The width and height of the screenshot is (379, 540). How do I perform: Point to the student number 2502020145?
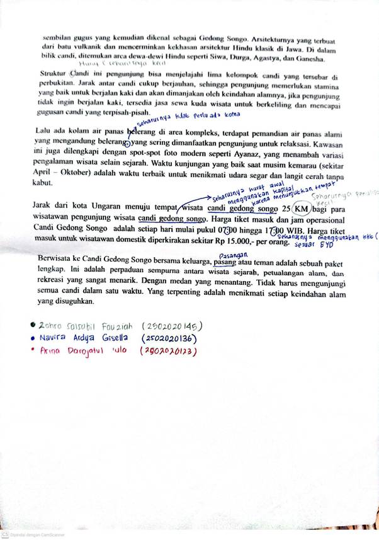172,326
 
